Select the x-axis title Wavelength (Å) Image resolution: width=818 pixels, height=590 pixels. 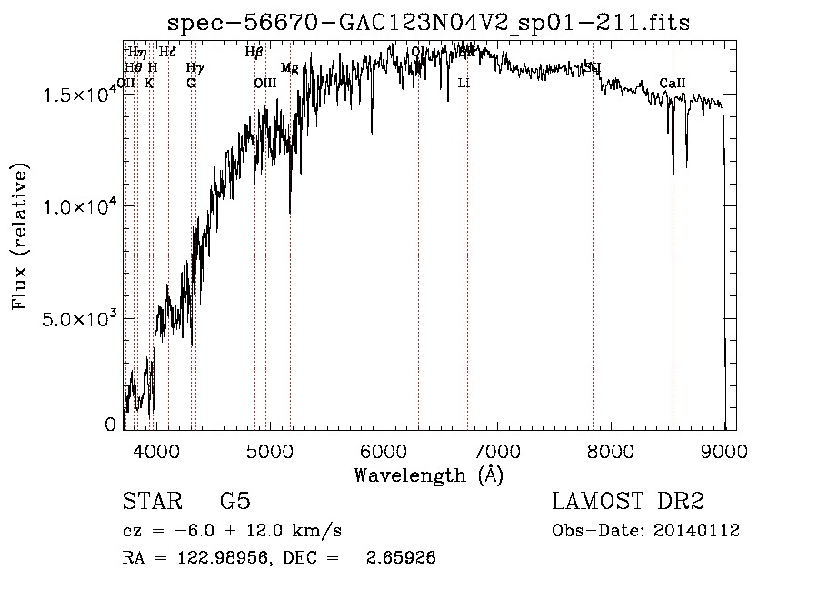tap(428, 475)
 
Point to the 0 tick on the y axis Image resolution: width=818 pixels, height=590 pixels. tap(110, 425)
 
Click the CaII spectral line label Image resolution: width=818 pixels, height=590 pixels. tap(673, 84)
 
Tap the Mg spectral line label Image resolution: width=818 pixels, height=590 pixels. tap(289, 68)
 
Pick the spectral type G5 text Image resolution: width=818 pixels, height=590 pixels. tap(235, 502)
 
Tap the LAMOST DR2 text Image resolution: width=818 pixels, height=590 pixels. tap(628, 502)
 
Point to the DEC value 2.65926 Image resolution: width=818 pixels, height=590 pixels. tap(400, 558)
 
